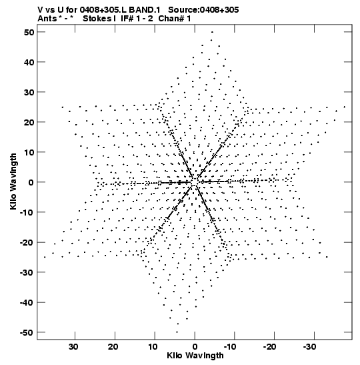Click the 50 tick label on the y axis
click(29, 32)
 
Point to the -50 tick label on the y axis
click(27, 332)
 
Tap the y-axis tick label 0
click(31, 182)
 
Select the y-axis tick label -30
click(27, 272)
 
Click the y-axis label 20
click(29, 122)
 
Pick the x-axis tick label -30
click(310, 347)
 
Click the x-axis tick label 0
click(195, 347)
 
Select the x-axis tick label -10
click(230, 347)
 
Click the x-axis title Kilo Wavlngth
click(195, 356)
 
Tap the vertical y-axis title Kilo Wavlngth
click(13, 181)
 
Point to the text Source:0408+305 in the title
click(203, 10)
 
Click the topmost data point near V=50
click(212, 32)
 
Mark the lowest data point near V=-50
click(177, 332)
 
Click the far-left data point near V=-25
click(45, 257)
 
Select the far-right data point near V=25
click(345, 107)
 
